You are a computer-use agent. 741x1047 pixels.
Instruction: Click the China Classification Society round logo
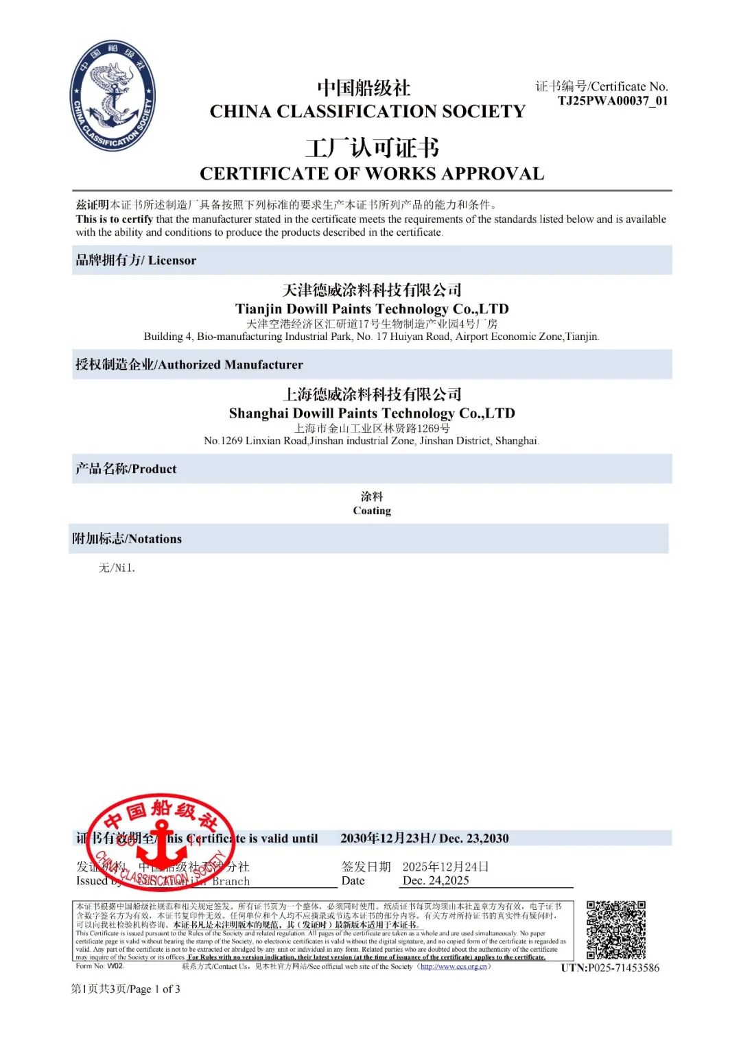(x=113, y=95)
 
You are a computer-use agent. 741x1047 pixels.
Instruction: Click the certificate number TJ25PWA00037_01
(x=612, y=101)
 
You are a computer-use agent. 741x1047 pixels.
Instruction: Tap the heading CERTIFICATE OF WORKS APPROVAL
(x=372, y=173)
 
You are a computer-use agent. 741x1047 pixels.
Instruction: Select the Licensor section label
(x=136, y=261)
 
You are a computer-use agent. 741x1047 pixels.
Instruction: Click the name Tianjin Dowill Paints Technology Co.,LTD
(x=372, y=309)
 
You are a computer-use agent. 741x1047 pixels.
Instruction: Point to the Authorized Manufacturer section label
(x=189, y=365)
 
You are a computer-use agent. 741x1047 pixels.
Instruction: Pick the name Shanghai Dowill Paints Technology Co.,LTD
(x=372, y=413)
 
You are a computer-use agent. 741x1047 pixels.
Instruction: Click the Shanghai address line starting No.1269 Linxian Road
(x=372, y=441)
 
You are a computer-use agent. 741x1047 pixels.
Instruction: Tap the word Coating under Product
(x=372, y=511)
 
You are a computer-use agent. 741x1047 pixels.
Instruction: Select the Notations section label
(x=127, y=539)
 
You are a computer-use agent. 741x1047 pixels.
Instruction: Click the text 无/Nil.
(x=117, y=568)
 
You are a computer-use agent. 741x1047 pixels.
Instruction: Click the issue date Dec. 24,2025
(x=436, y=880)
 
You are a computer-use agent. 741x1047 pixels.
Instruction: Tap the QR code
(x=616, y=930)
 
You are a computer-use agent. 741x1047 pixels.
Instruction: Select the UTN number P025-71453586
(x=610, y=967)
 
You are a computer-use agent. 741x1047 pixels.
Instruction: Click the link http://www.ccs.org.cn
(x=454, y=967)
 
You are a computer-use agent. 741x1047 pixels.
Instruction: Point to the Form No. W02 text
(x=100, y=966)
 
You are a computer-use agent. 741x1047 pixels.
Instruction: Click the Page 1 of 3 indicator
(x=126, y=989)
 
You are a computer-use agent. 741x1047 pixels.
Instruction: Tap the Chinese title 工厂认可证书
(x=372, y=147)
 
